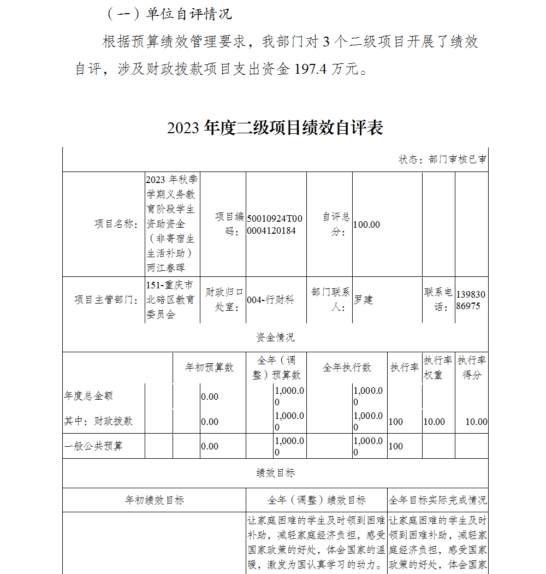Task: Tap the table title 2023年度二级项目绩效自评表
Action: coord(275,128)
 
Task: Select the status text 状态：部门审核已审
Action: coord(442,159)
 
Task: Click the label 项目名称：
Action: coord(117,224)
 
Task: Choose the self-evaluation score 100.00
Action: coord(367,224)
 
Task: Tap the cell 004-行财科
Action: coord(270,300)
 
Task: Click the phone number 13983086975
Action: coord(471,300)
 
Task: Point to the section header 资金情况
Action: coord(275,338)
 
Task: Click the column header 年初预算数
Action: coord(209,368)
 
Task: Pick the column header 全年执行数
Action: coord(347,368)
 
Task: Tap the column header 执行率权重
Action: coord(438,368)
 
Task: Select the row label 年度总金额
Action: coord(88,396)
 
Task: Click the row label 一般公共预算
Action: coord(93,446)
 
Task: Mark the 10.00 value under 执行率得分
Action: coord(476,422)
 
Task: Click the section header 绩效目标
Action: coord(275,473)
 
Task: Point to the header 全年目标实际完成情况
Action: coord(438,500)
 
